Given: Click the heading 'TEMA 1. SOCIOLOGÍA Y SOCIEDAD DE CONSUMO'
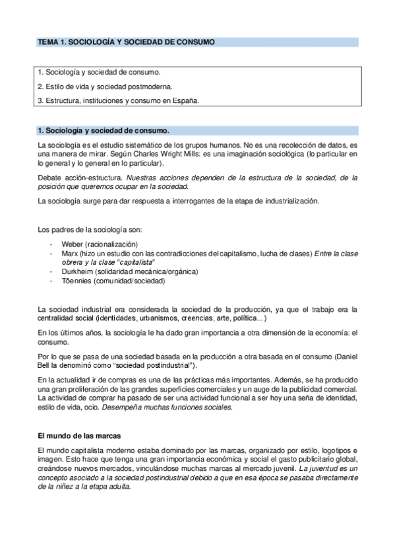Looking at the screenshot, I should pyautogui.click(x=126, y=42).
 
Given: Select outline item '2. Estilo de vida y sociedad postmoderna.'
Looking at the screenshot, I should pyautogui.click(x=105, y=86).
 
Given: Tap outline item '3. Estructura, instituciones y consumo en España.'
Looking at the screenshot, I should pyautogui.click(x=118, y=100).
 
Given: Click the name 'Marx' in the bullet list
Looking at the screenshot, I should pyautogui.click(x=68, y=254).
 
